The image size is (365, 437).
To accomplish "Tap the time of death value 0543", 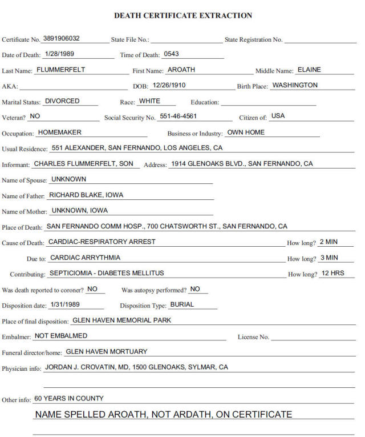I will (x=171, y=54).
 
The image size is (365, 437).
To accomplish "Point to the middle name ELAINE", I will (x=309, y=70).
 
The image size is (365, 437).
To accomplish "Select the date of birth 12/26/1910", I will (x=169, y=86).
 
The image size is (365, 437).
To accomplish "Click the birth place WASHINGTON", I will (x=295, y=86).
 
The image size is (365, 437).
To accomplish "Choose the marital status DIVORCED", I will (x=62, y=101).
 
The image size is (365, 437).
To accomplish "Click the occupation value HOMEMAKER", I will (x=59, y=132).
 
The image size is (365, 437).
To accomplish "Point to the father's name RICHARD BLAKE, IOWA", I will (x=86, y=195).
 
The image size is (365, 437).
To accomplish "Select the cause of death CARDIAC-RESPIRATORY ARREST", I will (x=102, y=242).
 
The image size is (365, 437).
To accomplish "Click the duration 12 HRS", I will (x=333, y=273).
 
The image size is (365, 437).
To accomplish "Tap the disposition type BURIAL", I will (x=182, y=304).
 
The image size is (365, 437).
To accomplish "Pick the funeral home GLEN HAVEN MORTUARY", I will (x=107, y=352).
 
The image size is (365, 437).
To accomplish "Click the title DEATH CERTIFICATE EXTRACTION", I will (x=183, y=15).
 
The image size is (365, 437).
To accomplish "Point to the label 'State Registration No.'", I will (x=253, y=40).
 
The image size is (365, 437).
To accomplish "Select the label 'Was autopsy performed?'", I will (x=153, y=290).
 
